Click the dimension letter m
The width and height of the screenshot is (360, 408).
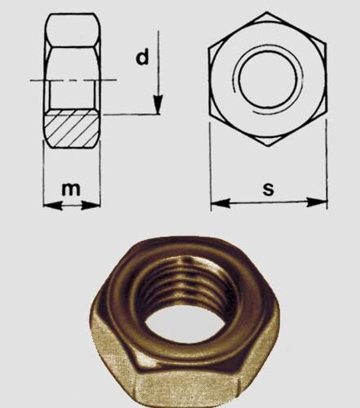pos(73,189)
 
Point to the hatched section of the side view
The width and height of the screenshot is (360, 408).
pos(73,129)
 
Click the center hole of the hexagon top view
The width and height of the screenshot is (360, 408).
pos(269,79)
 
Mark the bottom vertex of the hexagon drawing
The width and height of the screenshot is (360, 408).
pos(269,147)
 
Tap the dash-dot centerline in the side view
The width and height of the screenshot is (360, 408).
pos(73,79)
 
